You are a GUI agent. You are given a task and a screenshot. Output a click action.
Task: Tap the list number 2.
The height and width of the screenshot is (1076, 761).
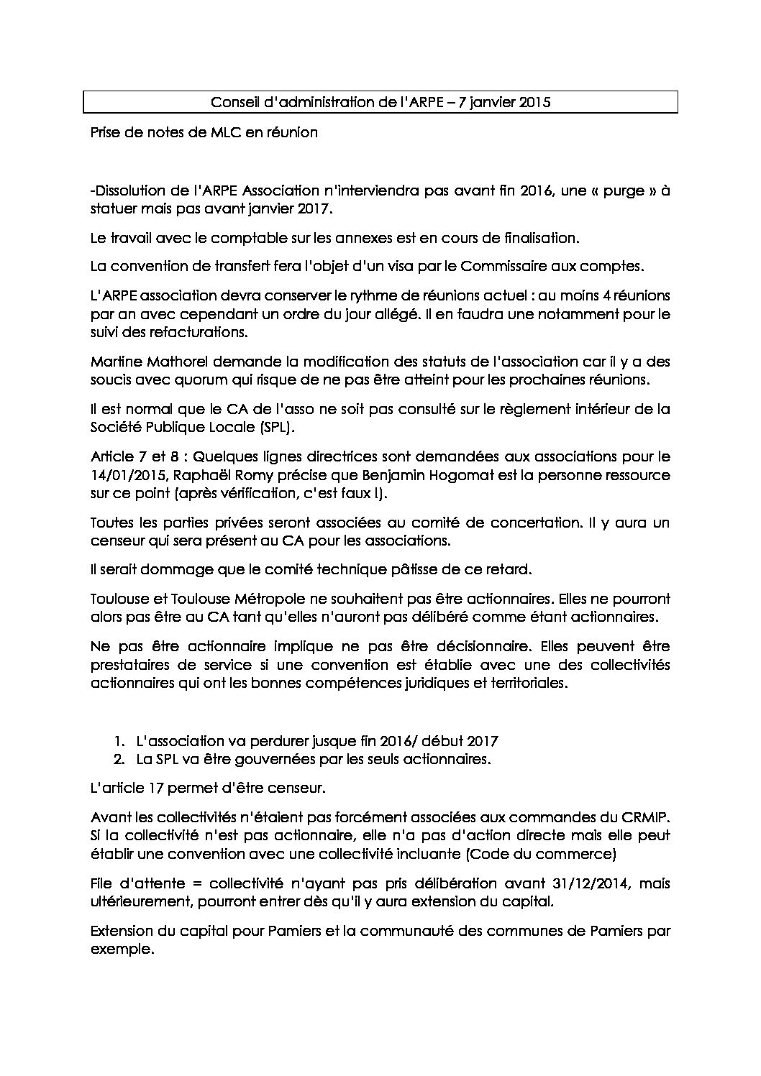(x=119, y=759)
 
